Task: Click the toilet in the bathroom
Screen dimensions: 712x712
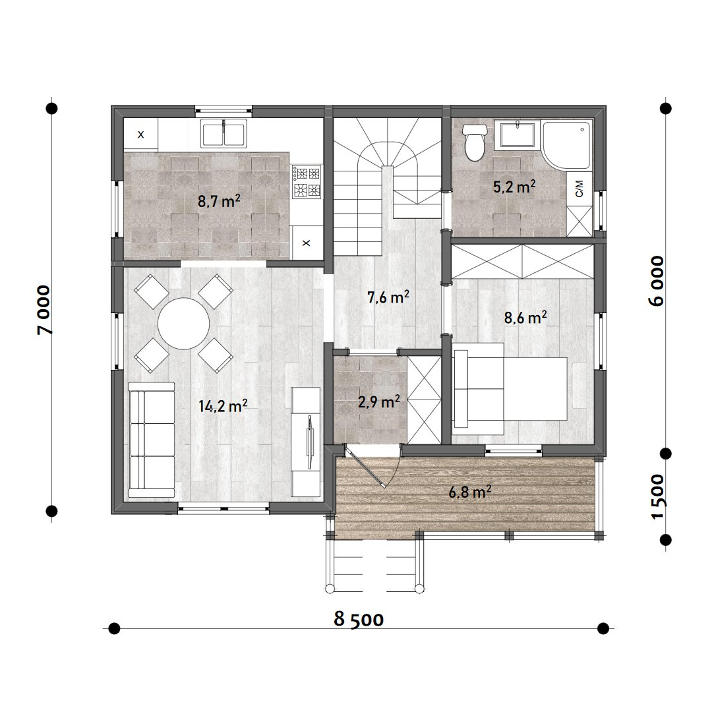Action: [x=475, y=142]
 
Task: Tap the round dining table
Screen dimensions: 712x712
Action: [x=183, y=323]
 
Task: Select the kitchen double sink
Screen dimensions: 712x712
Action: [x=224, y=133]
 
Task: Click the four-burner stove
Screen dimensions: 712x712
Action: [x=307, y=182]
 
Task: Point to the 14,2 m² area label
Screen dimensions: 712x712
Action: [x=223, y=405]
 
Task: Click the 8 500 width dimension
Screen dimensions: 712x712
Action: [x=358, y=619]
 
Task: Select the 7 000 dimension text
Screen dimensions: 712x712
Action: [x=45, y=310]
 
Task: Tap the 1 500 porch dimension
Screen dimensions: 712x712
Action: [x=657, y=496]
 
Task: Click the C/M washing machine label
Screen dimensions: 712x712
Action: [x=579, y=189]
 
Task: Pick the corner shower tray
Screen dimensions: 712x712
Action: [x=568, y=144]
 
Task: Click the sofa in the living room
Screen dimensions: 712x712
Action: [x=152, y=440]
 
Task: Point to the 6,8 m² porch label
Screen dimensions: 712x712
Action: [x=470, y=491]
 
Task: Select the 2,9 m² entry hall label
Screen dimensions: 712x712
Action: [x=378, y=401]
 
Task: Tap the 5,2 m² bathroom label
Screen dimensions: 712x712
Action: [x=514, y=186]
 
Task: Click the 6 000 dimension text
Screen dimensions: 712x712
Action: [x=657, y=281]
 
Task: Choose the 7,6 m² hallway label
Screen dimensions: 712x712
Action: [x=388, y=297]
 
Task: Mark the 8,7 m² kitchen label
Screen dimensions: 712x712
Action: [x=219, y=200]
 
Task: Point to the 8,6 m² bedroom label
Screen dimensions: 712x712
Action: [x=525, y=317]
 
